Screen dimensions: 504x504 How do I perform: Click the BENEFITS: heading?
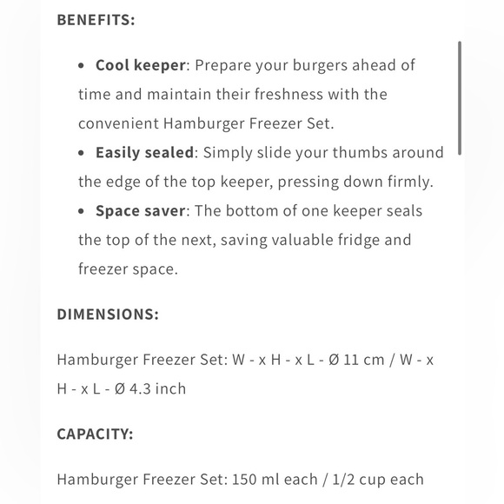(96, 19)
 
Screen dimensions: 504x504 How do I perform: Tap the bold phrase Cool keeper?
(142, 65)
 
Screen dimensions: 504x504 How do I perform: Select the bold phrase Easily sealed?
(144, 152)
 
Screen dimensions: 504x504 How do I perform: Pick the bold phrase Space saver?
(141, 210)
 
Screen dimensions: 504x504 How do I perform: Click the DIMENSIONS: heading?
(108, 314)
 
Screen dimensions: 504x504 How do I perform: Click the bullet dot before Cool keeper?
(82, 65)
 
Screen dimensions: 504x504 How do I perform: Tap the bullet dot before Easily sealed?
(82, 153)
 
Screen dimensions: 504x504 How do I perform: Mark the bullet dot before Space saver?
(82, 211)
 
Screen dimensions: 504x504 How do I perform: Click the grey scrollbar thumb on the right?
(460, 97)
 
